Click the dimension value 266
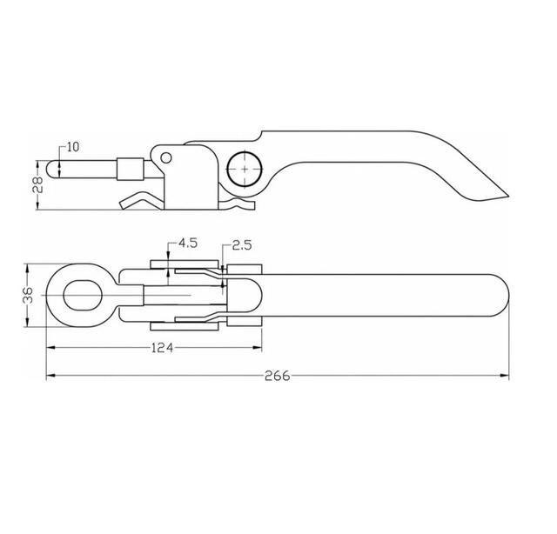tap(278, 376)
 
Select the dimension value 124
tap(163, 348)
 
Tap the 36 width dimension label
tap(28, 295)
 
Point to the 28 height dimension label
tap(37, 184)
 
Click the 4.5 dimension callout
tap(188, 244)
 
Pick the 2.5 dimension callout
tap(242, 245)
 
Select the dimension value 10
tap(73, 147)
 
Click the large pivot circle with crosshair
tap(245, 169)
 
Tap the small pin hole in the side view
tap(166, 157)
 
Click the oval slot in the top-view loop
tap(83, 296)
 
